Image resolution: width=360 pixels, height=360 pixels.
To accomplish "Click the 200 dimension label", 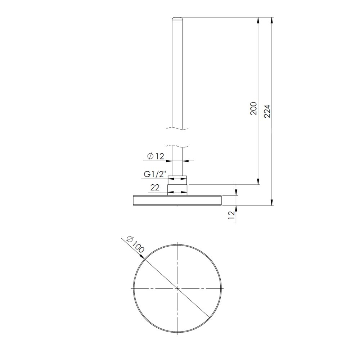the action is point(254,109).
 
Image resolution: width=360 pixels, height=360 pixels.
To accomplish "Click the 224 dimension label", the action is point(267,111).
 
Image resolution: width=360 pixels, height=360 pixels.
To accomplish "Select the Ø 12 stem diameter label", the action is point(156,156).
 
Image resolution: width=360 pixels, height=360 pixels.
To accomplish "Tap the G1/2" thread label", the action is point(155,174).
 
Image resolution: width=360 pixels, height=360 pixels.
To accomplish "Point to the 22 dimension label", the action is point(155,188).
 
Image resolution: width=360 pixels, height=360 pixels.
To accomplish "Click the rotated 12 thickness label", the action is point(232,215).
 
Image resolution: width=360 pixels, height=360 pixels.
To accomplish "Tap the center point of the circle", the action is point(177,288).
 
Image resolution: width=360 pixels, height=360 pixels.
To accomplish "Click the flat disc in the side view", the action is point(177,200).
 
